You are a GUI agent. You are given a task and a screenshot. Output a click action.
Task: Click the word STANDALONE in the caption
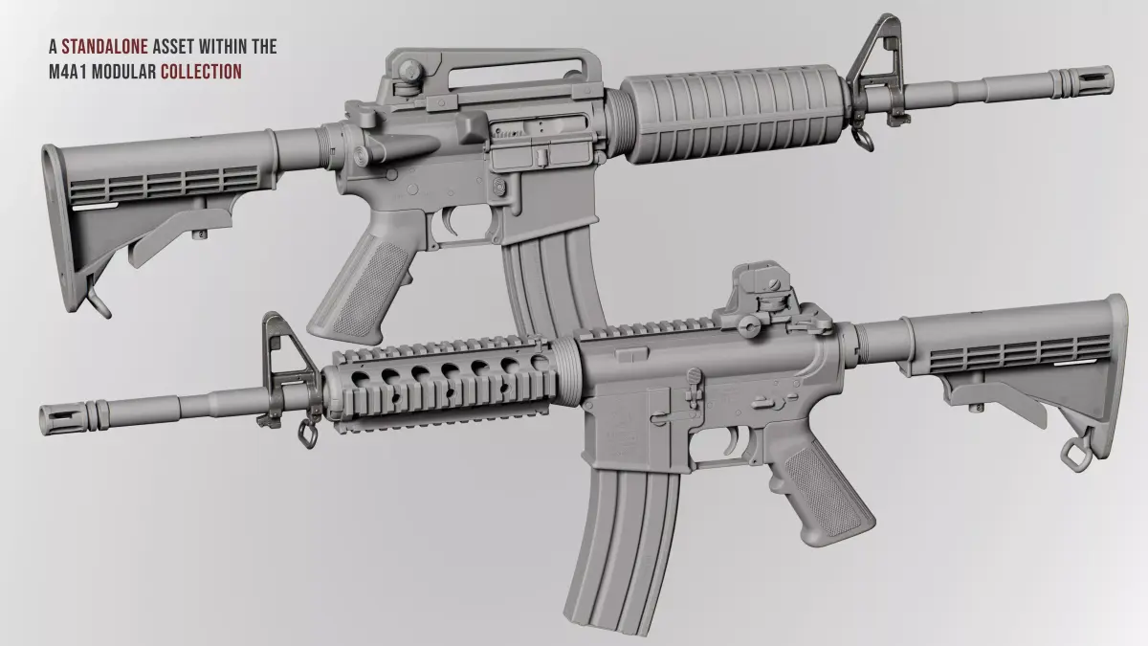(104, 47)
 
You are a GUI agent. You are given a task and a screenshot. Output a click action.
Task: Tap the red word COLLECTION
(201, 72)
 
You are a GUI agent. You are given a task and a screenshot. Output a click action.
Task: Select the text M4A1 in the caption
(68, 72)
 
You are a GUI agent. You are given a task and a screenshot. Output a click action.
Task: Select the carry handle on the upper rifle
(492, 77)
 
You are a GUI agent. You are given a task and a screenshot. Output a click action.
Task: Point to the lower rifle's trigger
(732, 441)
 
